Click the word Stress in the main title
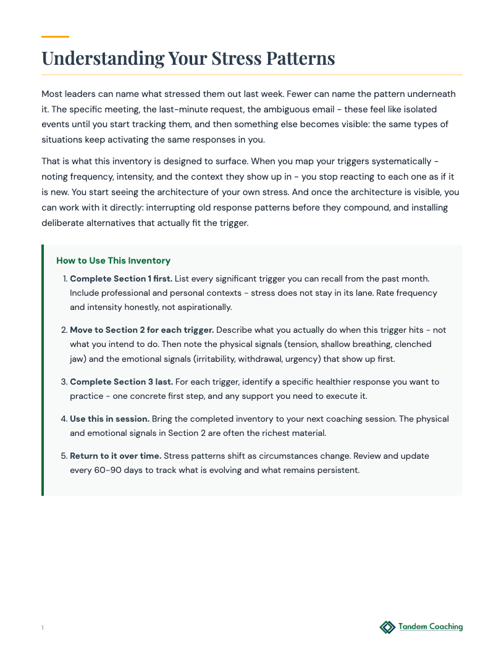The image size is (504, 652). [x=236, y=58]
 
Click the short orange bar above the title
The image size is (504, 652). [x=55, y=36]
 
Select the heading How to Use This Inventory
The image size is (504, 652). [x=113, y=261]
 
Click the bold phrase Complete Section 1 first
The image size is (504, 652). [x=121, y=278]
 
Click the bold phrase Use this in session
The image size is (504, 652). [x=109, y=419]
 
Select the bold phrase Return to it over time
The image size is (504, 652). [x=115, y=456]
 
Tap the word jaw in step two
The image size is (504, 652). [x=77, y=359]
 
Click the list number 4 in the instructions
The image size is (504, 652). [x=64, y=419]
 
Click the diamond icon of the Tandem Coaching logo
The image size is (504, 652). [x=387, y=627]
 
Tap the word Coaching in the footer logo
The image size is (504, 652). [x=442, y=627]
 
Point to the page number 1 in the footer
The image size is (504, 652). [x=43, y=628]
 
